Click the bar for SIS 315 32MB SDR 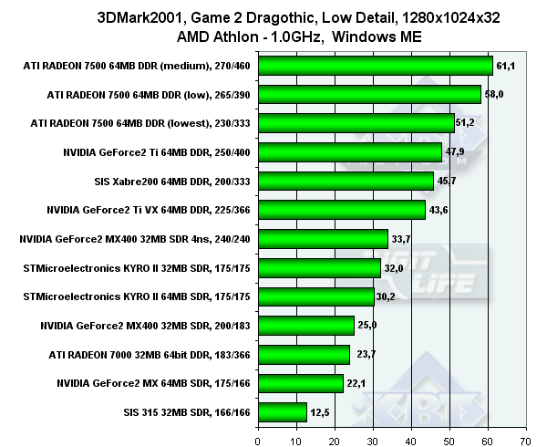point(283,412)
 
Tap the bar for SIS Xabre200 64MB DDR point(346,181)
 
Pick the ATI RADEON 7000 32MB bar point(304,354)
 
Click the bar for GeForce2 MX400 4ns point(324,239)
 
